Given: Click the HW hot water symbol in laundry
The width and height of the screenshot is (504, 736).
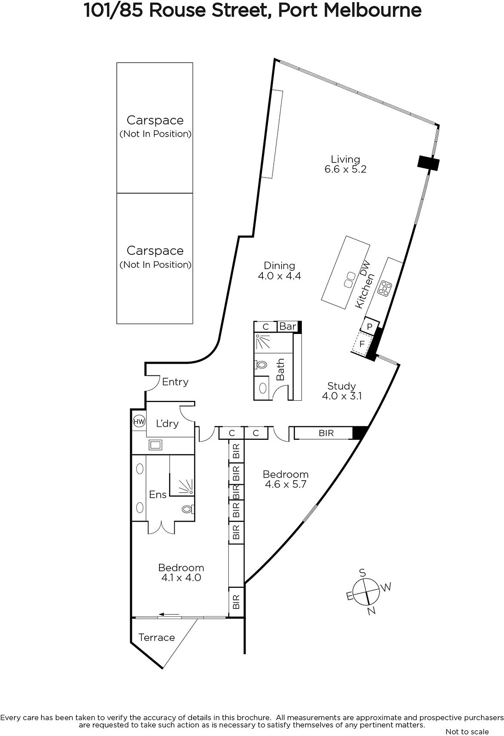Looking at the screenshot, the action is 139,421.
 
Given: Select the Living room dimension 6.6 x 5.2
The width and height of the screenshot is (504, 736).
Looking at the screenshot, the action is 345,169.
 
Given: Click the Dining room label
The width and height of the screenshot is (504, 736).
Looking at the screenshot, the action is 279,265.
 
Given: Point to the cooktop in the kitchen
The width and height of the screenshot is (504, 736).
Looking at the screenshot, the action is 384,288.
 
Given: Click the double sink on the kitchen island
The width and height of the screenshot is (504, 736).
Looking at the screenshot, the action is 350,280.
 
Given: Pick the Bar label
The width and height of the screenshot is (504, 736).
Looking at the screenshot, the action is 288,326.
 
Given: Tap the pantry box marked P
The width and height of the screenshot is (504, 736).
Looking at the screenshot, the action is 370,327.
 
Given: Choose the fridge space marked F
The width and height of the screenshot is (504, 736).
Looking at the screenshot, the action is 362,344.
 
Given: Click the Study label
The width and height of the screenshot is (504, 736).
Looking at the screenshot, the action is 341,386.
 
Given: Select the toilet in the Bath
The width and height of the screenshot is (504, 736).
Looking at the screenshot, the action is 261,365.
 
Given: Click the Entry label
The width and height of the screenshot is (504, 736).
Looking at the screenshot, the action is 175,382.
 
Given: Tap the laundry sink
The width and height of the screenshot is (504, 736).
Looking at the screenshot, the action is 155,445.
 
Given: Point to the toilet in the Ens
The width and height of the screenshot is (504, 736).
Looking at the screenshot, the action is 188,509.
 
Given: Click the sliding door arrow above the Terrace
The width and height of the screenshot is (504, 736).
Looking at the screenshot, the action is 170,615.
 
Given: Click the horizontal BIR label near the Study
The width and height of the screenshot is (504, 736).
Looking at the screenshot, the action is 326,433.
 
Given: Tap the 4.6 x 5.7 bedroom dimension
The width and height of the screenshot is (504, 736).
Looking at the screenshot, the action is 285,484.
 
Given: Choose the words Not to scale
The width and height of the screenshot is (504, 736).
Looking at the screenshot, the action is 467,732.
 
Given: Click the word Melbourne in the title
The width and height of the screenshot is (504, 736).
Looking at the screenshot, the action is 373,11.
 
